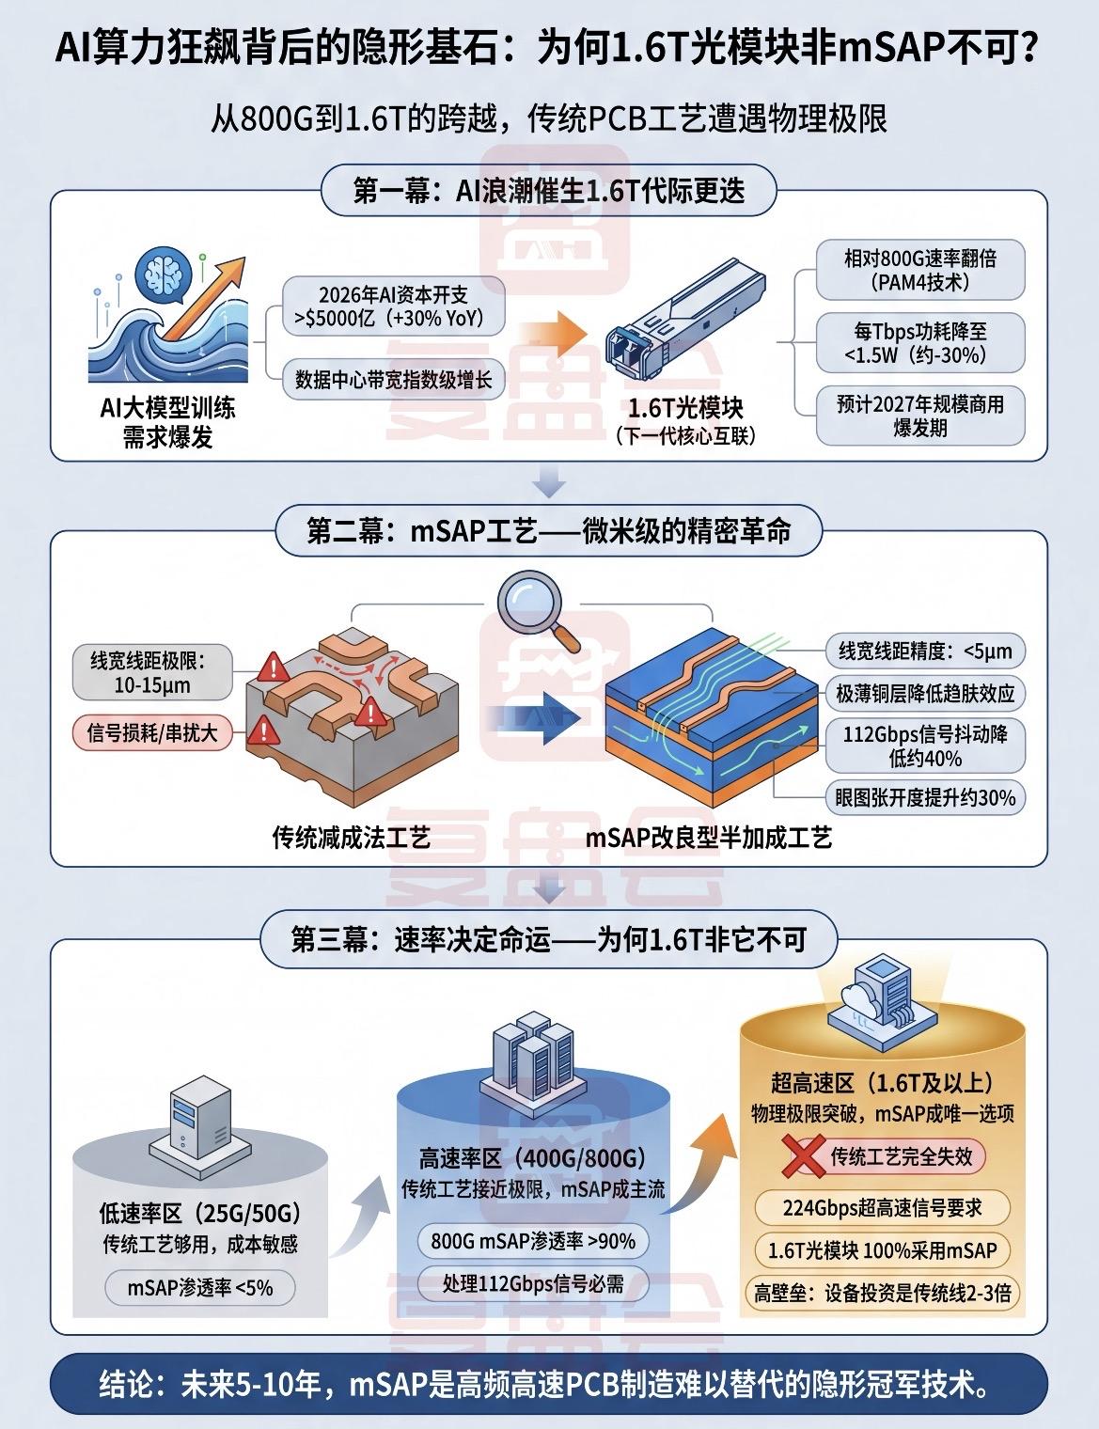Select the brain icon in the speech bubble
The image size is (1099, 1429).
[x=161, y=273]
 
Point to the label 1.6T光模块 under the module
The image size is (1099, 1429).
[x=685, y=409]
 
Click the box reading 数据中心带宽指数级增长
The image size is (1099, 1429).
[x=393, y=380]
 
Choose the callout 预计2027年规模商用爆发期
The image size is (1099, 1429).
[x=919, y=416]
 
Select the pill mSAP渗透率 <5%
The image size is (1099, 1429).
[x=200, y=1287]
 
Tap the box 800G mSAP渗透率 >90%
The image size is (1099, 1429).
[x=533, y=1241]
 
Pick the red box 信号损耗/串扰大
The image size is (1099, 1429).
[x=151, y=732]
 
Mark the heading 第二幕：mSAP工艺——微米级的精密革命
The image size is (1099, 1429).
[x=548, y=532]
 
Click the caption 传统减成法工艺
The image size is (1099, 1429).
[x=351, y=837]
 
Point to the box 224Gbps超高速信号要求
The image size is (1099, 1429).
[x=882, y=1207]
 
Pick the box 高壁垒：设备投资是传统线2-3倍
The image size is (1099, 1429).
[x=882, y=1294]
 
